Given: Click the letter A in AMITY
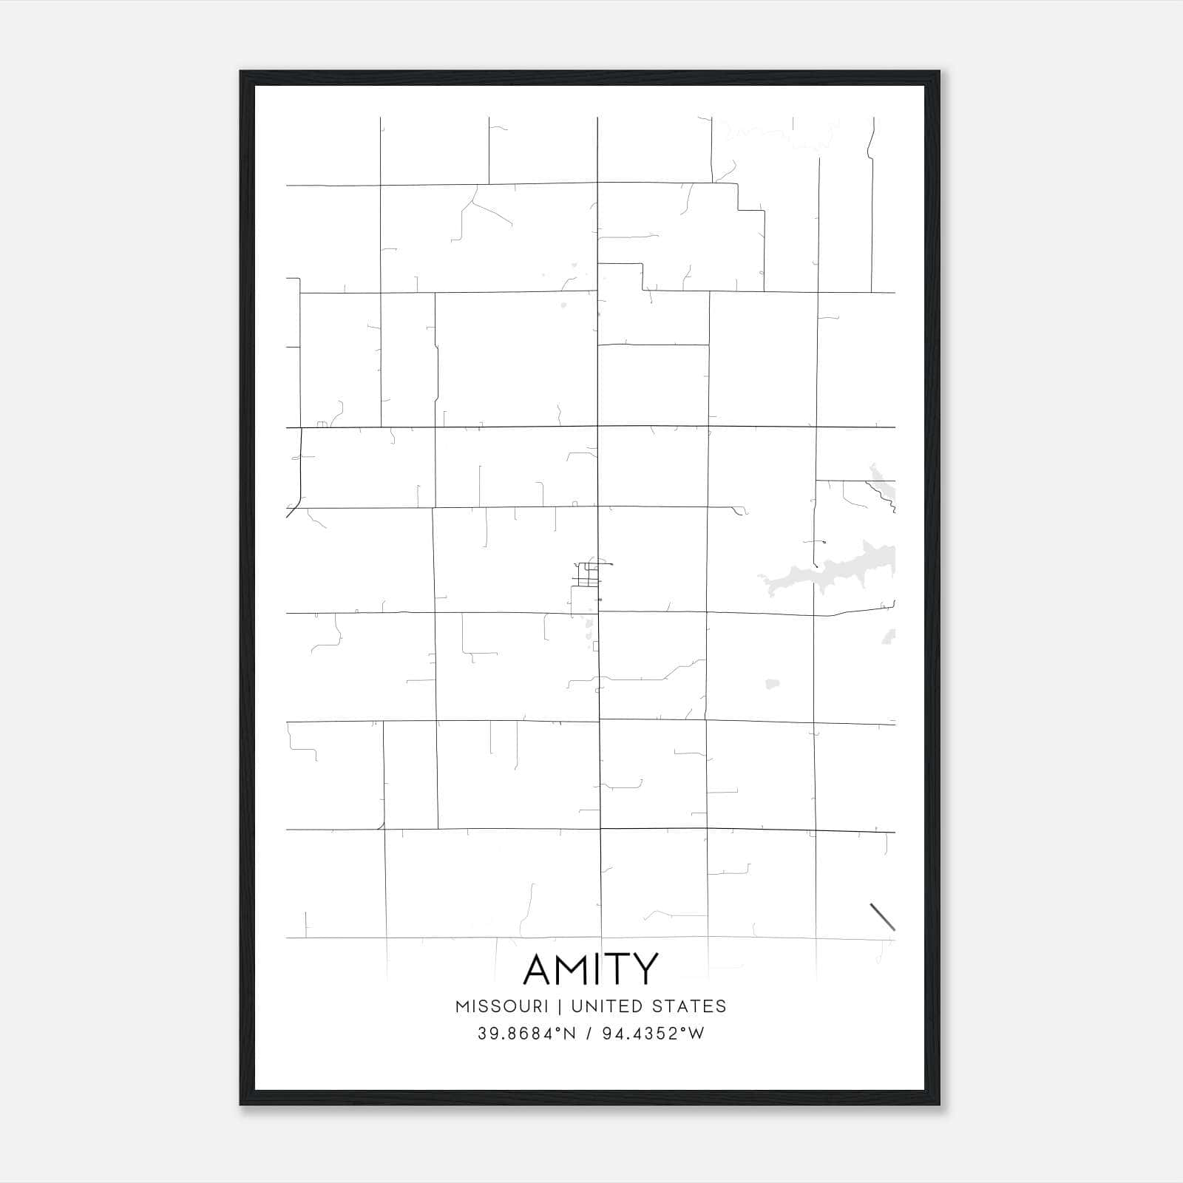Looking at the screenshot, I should (x=538, y=969).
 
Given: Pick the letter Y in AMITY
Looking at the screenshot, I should (x=645, y=969).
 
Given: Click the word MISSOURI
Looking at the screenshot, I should (x=502, y=1006).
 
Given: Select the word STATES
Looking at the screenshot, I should (x=691, y=1006).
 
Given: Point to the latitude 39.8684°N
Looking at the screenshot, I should (x=526, y=1034).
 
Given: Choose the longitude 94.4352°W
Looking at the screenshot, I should (x=654, y=1034).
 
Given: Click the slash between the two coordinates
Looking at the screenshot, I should (x=589, y=1034).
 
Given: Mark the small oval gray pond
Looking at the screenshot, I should (x=773, y=684).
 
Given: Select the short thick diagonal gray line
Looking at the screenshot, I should (x=883, y=917).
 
